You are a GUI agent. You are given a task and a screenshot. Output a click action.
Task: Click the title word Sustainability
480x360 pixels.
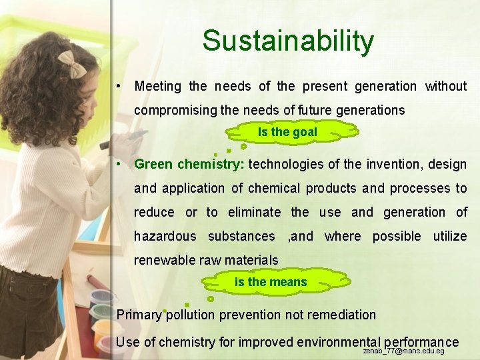[x=288, y=41]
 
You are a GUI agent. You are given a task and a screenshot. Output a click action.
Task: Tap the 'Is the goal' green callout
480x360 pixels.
[x=287, y=132]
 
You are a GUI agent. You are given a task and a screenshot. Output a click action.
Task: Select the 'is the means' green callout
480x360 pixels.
[x=271, y=282]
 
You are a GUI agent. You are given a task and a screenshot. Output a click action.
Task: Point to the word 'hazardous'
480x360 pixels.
[x=165, y=236]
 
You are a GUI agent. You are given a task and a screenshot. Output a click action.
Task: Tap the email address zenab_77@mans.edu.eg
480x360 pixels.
[x=404, y=350]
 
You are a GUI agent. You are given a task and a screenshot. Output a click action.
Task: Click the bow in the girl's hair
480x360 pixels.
[x=70, y=64]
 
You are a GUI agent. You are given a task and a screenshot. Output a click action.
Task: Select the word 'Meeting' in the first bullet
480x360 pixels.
[x=158, y=86]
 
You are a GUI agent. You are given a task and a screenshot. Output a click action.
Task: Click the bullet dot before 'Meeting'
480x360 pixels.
[x=117, y=86]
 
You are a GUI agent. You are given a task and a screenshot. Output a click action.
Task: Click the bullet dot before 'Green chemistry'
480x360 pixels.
[x=117, y=164]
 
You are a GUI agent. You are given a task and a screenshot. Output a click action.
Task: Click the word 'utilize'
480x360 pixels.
[x=449, y=236]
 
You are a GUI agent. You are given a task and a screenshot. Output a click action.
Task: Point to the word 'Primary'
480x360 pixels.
[x=139, y=315]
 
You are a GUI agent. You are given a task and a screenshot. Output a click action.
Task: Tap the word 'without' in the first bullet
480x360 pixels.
[x=446, y=86]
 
